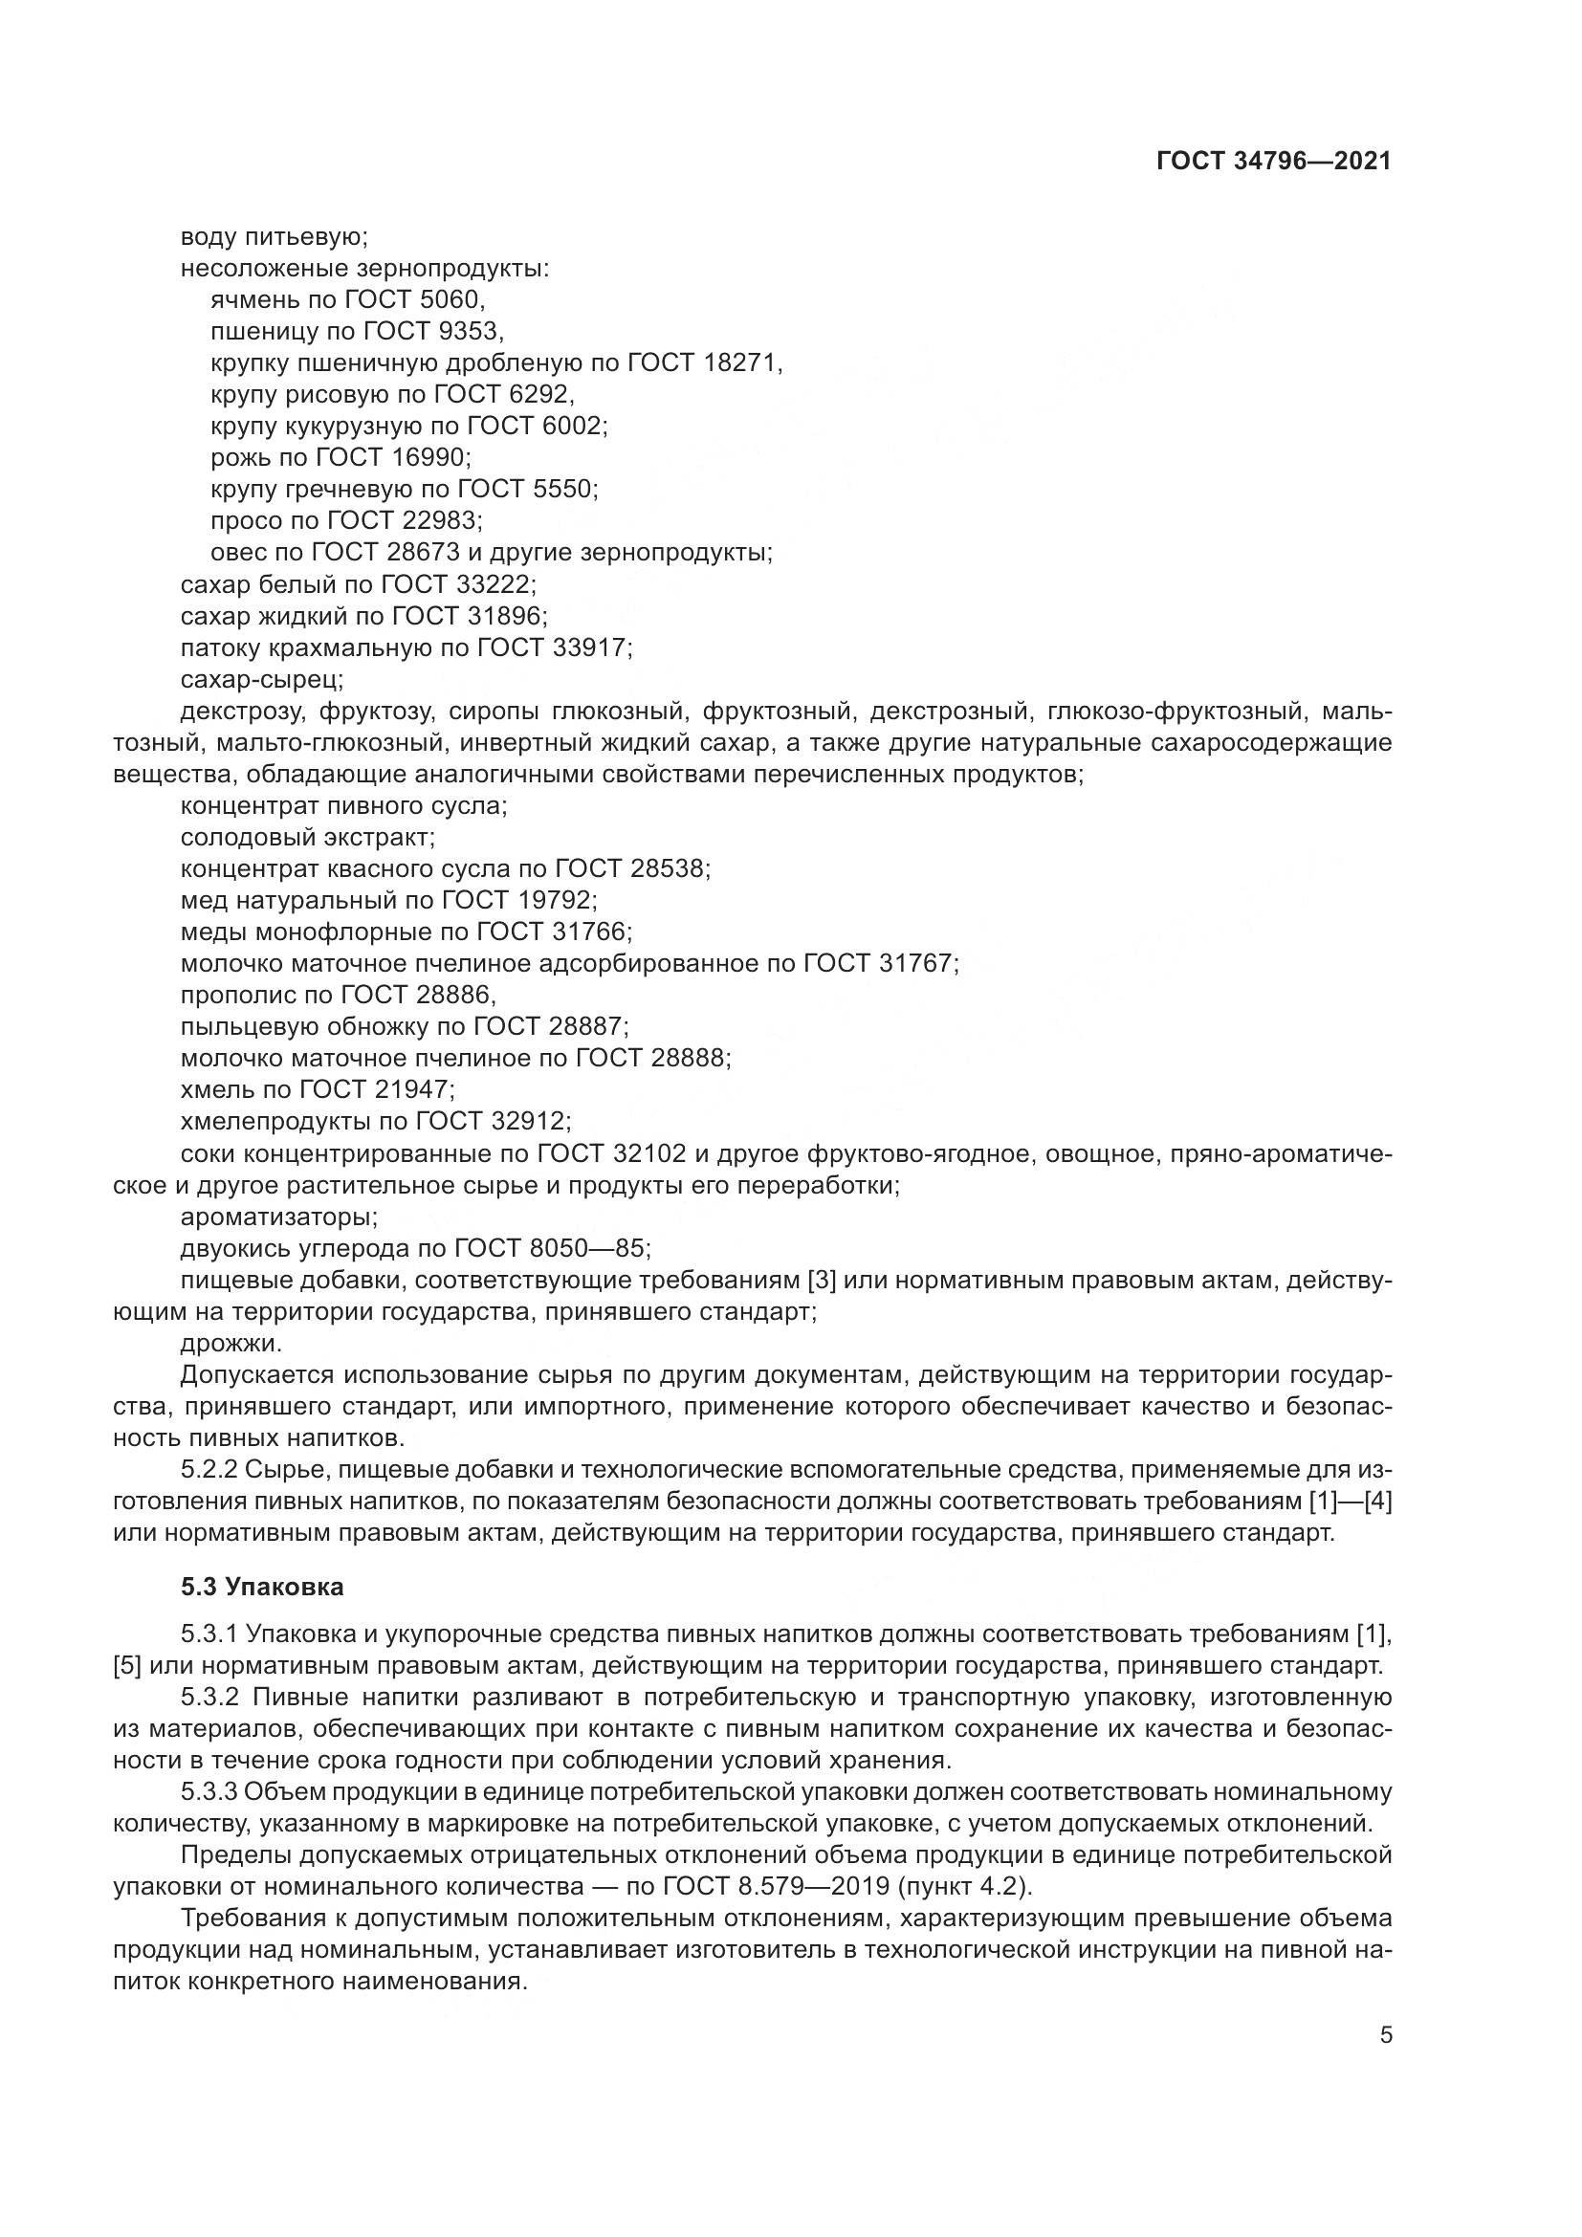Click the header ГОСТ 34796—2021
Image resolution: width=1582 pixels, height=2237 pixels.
point(1273,162)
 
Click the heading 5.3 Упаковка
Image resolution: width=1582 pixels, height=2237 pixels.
point(262,1588)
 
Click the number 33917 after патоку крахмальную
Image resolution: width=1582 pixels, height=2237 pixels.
point(589,647)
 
